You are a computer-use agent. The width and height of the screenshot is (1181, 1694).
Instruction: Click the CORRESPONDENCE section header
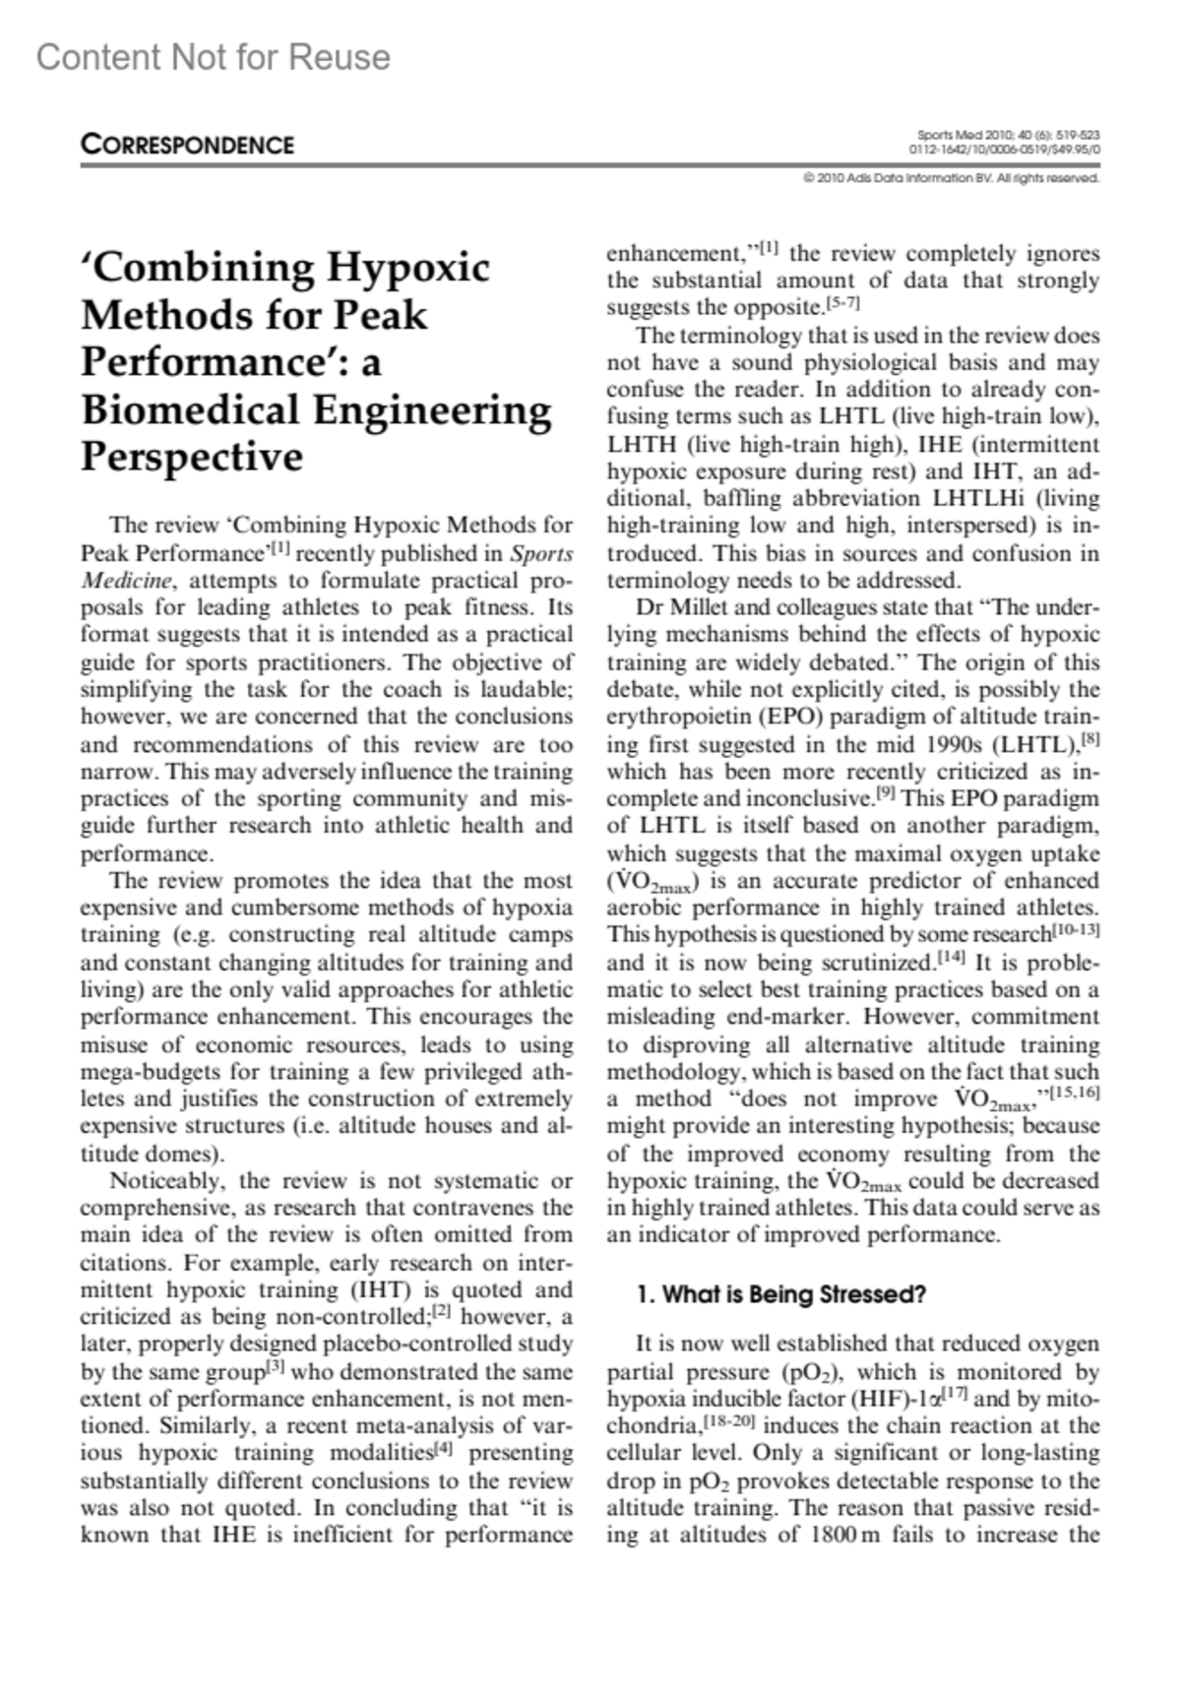coord(187,145)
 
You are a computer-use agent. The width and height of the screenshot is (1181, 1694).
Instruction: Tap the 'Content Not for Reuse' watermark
coord(214,58)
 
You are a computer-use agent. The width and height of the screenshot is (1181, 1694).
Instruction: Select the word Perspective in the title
coord(192,457)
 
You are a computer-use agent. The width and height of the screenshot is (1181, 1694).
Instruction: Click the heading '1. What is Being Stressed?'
coord(780,1294)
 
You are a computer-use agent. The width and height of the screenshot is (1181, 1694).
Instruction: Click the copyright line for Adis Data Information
coord(951,178)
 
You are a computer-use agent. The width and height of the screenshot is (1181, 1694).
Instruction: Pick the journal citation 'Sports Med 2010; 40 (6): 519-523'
coord(1008,135)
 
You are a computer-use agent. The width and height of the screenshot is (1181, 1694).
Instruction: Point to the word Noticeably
coord(168,1181)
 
